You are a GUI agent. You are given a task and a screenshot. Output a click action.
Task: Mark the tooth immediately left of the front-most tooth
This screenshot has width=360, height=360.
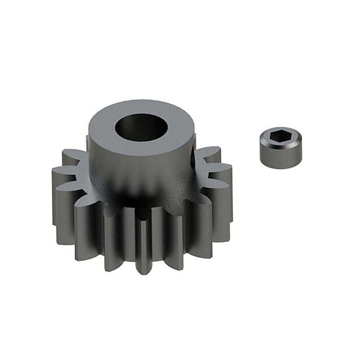(x=116, y=236)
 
